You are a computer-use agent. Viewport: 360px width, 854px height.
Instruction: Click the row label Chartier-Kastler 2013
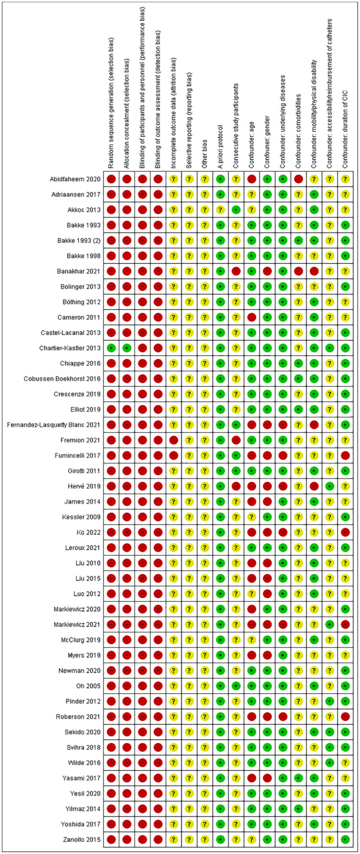pos(70,348)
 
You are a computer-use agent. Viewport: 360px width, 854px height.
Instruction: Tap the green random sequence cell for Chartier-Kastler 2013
pos(111,348)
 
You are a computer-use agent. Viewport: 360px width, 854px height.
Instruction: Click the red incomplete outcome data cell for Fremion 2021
pos(173,440)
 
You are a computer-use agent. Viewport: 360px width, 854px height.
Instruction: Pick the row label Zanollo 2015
pos(82,839)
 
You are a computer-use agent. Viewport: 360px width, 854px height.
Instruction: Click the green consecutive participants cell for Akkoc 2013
pos(236,210)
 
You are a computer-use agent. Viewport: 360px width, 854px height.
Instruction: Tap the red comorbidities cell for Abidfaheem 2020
pos(298,179)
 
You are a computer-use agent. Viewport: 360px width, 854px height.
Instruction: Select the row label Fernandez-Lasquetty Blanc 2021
pos(54,425)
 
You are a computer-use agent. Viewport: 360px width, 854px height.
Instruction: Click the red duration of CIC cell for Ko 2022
pos(345,532)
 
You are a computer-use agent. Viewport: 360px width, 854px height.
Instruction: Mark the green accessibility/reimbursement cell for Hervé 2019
pos(329,486)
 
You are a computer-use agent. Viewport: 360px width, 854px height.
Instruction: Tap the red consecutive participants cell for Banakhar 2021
pos(236,271)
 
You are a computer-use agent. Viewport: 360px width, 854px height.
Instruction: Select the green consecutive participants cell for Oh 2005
pos(236,686)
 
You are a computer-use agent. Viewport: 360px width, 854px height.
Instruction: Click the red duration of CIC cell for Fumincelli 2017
pos(345,455)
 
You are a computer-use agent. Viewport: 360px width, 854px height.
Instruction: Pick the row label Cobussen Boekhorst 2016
pos(62,379)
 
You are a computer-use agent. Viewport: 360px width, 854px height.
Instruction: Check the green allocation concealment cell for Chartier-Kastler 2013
pos(127,348)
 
